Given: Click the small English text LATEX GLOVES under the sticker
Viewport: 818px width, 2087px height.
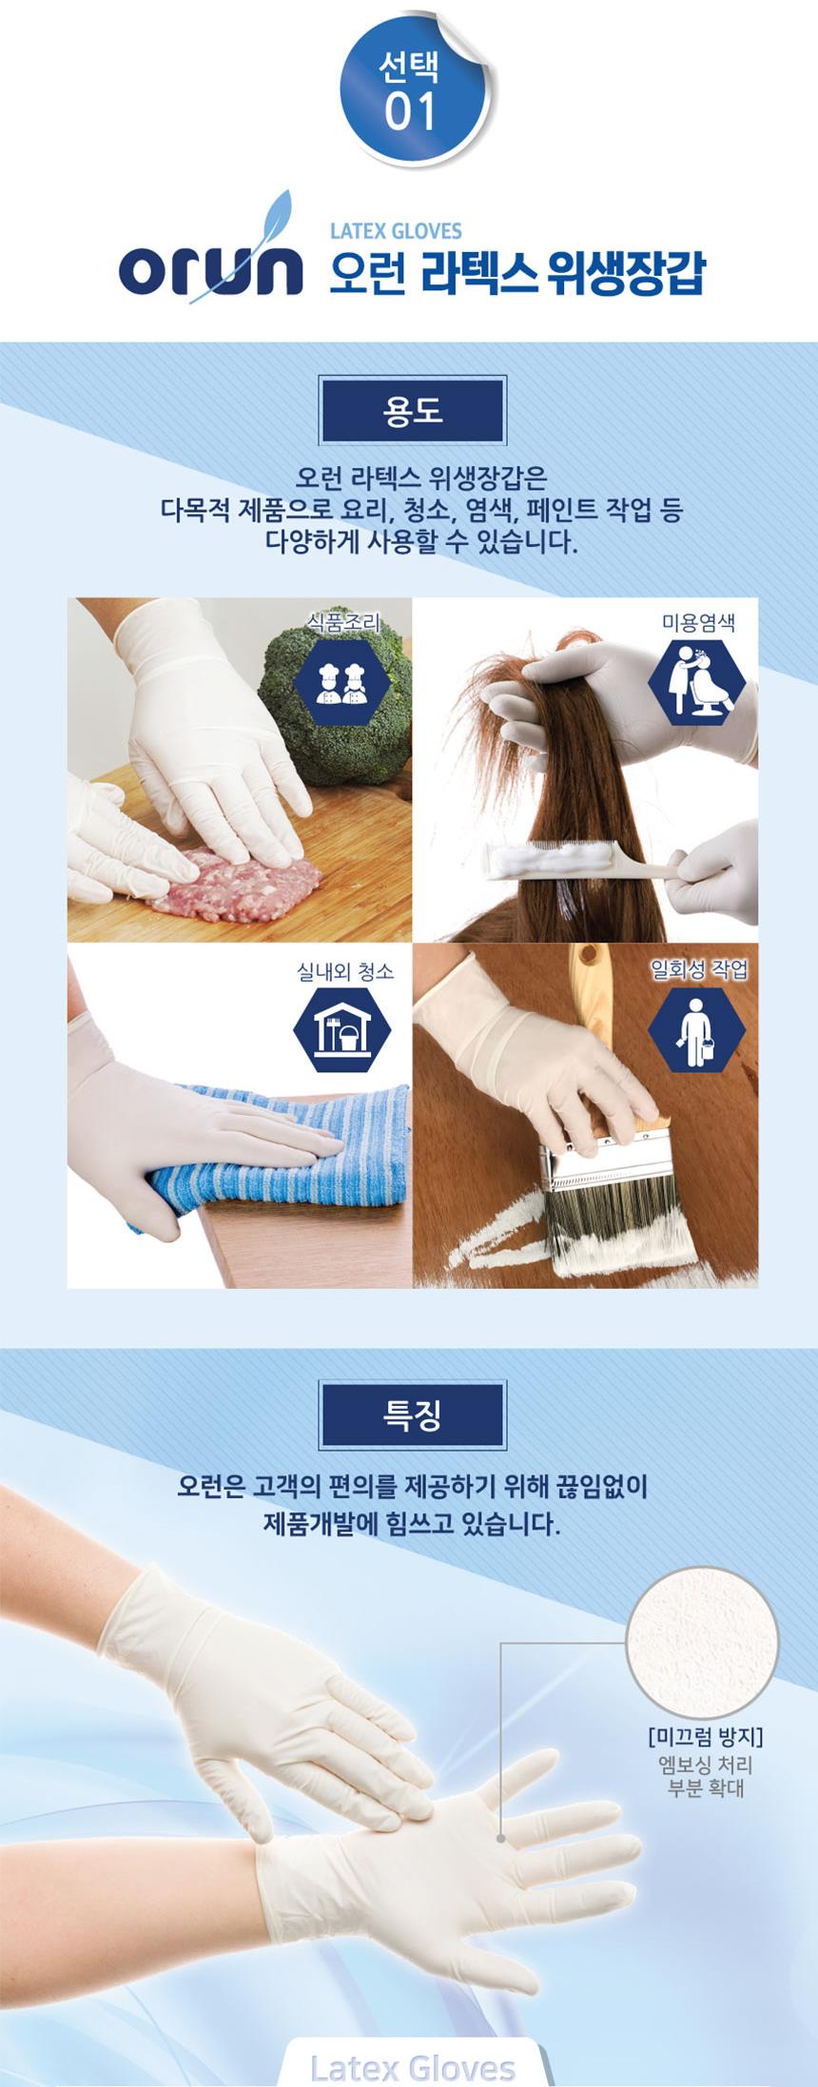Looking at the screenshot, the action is point(396,230).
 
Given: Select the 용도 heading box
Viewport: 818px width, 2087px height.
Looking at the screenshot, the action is point(413,411).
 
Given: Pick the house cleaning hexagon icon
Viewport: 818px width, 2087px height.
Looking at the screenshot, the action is point(341,1029).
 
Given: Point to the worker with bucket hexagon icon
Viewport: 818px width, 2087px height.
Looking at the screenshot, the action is point(697,1029).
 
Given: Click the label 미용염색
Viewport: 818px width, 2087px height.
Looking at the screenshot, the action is point(698,623).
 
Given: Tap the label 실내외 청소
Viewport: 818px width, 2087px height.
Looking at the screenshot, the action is point(345,970).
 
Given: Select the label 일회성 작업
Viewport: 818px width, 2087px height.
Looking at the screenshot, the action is point(699,969).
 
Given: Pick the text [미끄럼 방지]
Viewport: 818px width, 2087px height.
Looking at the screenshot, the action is point(705,1737).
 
